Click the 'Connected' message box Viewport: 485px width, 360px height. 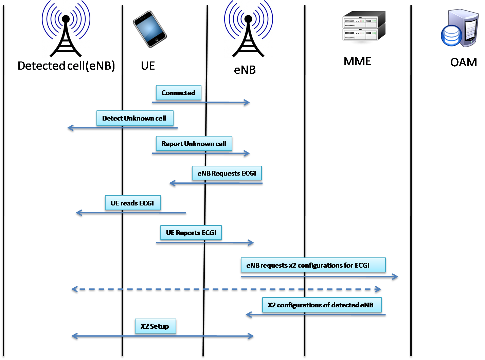tap(178, 93)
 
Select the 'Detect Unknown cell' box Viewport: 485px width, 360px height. tap(134, 118)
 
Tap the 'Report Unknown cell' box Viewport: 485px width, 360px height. tap(194, 144)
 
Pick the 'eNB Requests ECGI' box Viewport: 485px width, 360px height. tap(227, 173)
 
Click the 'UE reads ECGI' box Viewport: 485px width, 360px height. tap(132, 203)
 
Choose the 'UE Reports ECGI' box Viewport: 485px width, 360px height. tap(191, 233)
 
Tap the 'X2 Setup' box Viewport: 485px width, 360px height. tap(155, 326)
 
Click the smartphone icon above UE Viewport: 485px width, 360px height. tap(149, 29)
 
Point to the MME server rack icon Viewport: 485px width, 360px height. tap(363, 29)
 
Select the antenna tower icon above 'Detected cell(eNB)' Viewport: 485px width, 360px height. tap(66, 29)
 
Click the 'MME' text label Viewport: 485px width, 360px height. tap(357, 61)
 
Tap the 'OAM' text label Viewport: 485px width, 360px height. tap(464, 62)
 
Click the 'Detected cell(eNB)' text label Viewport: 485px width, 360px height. tap(66, 66)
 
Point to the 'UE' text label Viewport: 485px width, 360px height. tap(148, 66)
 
